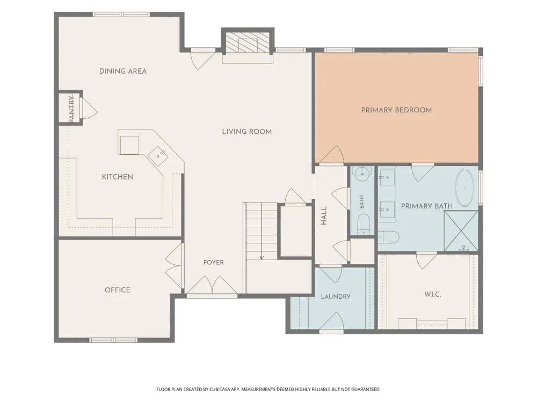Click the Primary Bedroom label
(396, 110)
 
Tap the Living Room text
(246, 132)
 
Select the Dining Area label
(123, 71)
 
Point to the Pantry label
(71, 109)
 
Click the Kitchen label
(118, 177)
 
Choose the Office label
(118, 290)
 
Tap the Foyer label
(213, 263)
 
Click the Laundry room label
(336, 297)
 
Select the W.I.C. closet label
(432, 294)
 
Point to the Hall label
(324, 215)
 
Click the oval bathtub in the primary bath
(465, 188)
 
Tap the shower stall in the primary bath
(461, 231)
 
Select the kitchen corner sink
(158, 156)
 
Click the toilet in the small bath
(364, 225)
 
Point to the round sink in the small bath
(362, 174)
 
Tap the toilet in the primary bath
(389, 237)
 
